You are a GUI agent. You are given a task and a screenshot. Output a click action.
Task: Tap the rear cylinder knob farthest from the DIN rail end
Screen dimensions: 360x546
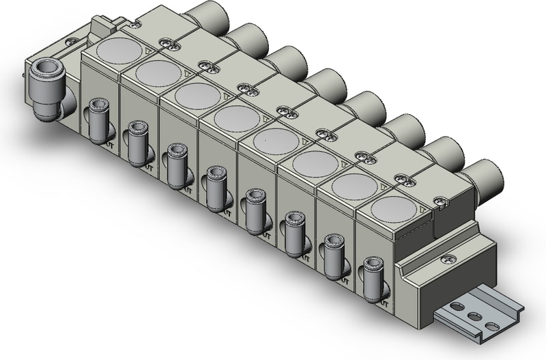tap(203, 13)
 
